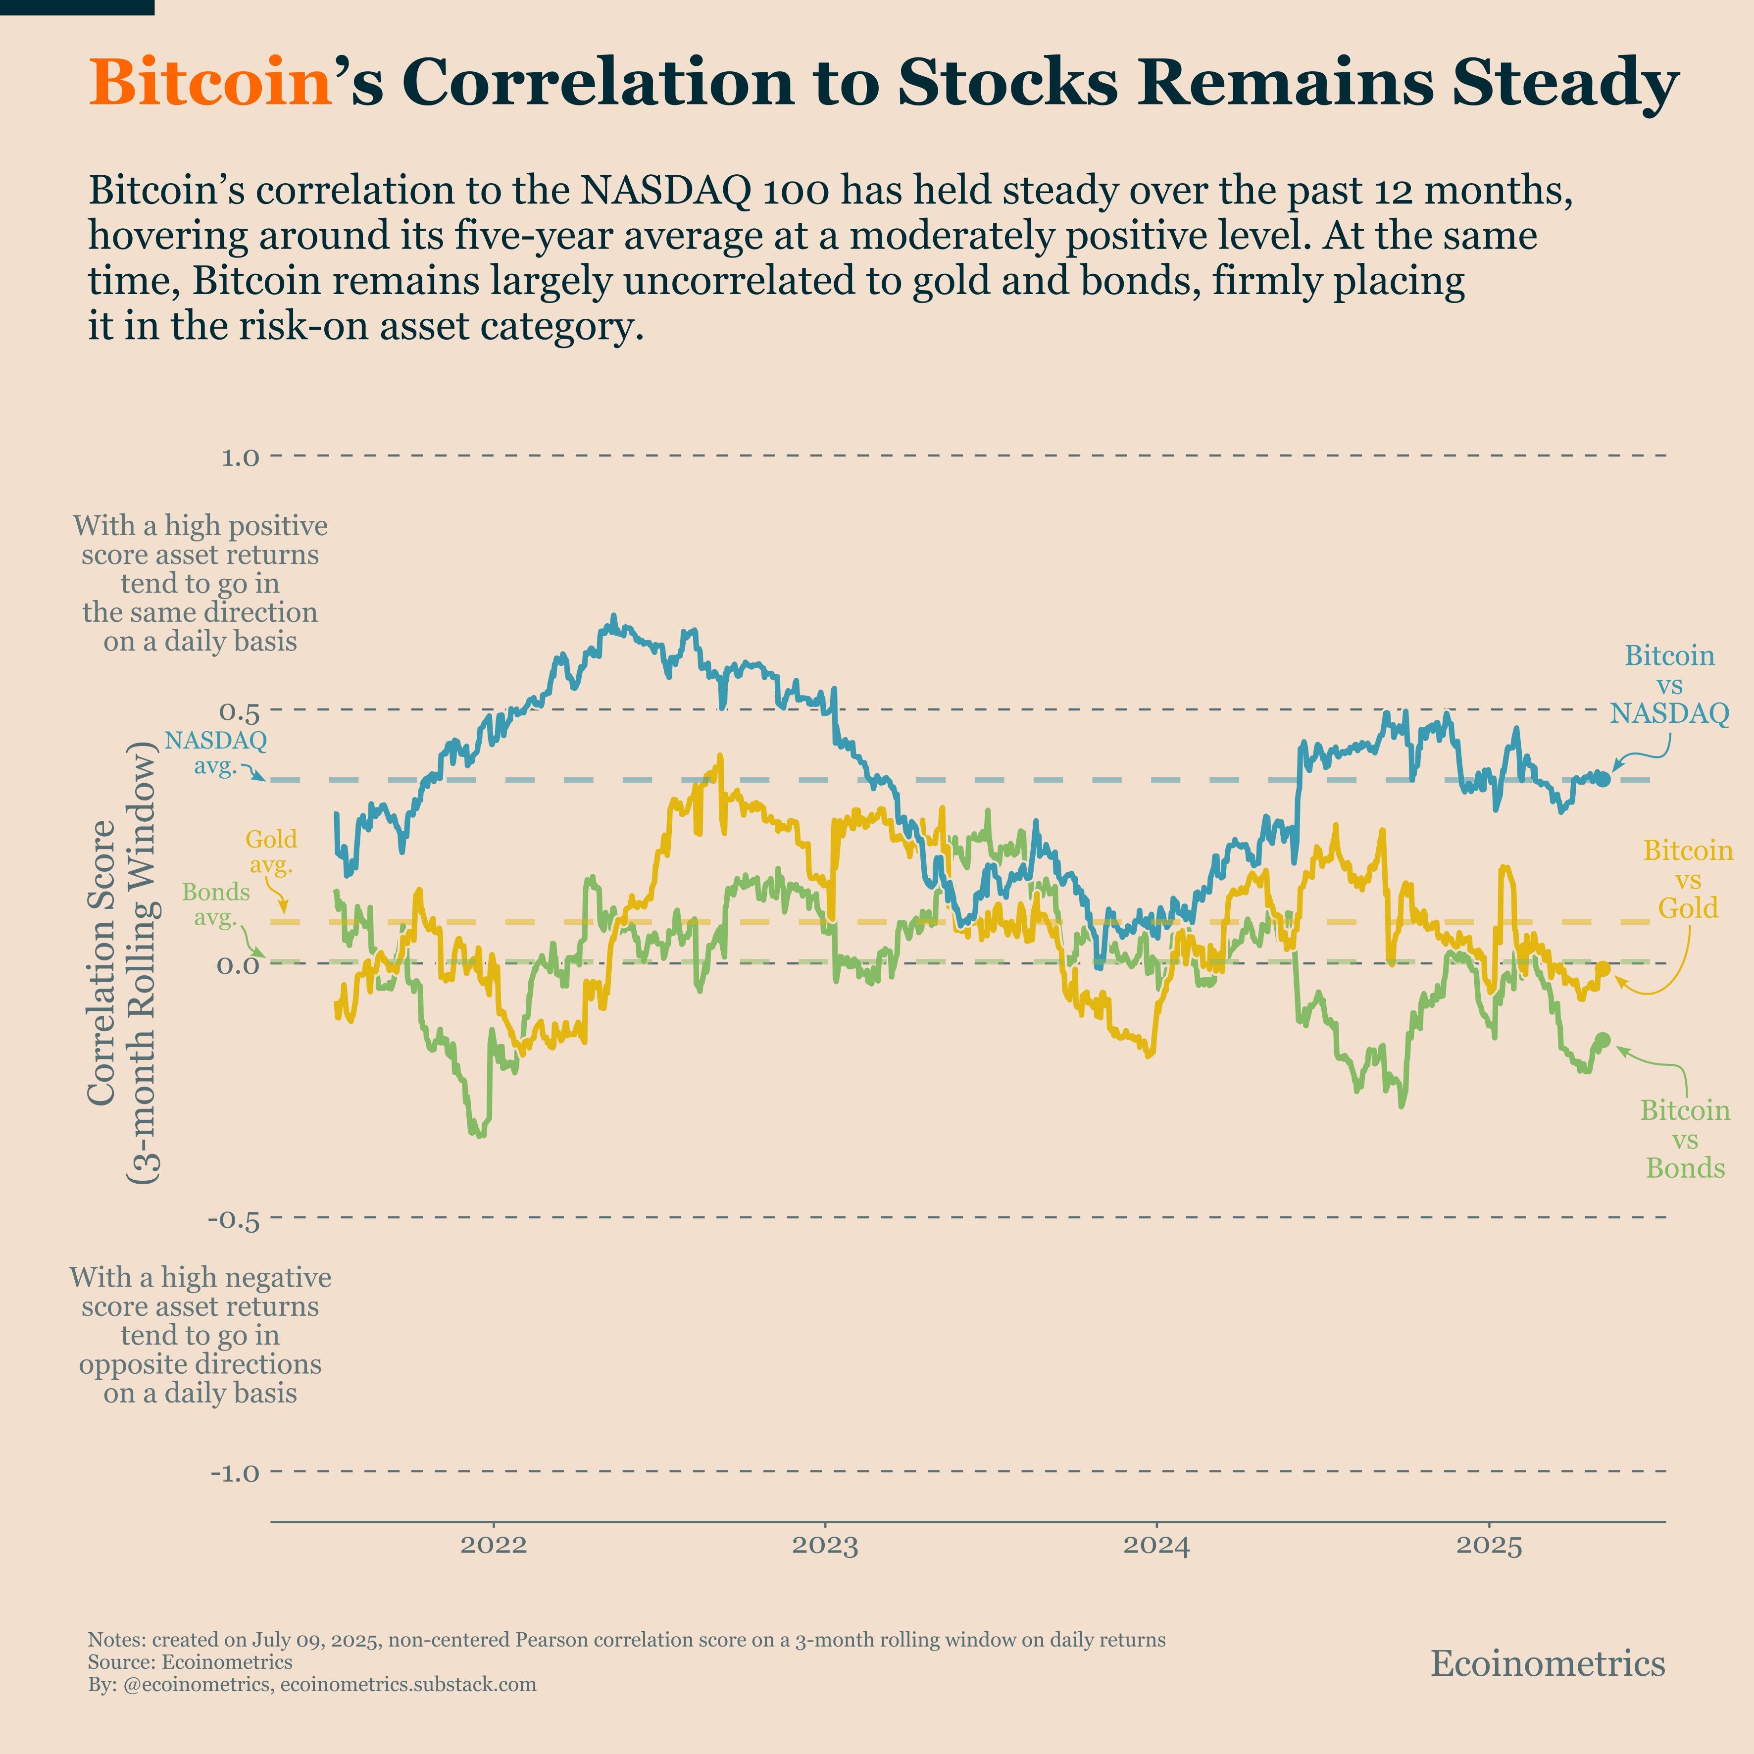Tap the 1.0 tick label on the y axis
(241, 456)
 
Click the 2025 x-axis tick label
(1489, 1544)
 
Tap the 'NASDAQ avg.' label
(216, 752)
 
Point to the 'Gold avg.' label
(270, 852)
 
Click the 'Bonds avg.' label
(216, 904)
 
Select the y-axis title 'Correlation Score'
(101, 962)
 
